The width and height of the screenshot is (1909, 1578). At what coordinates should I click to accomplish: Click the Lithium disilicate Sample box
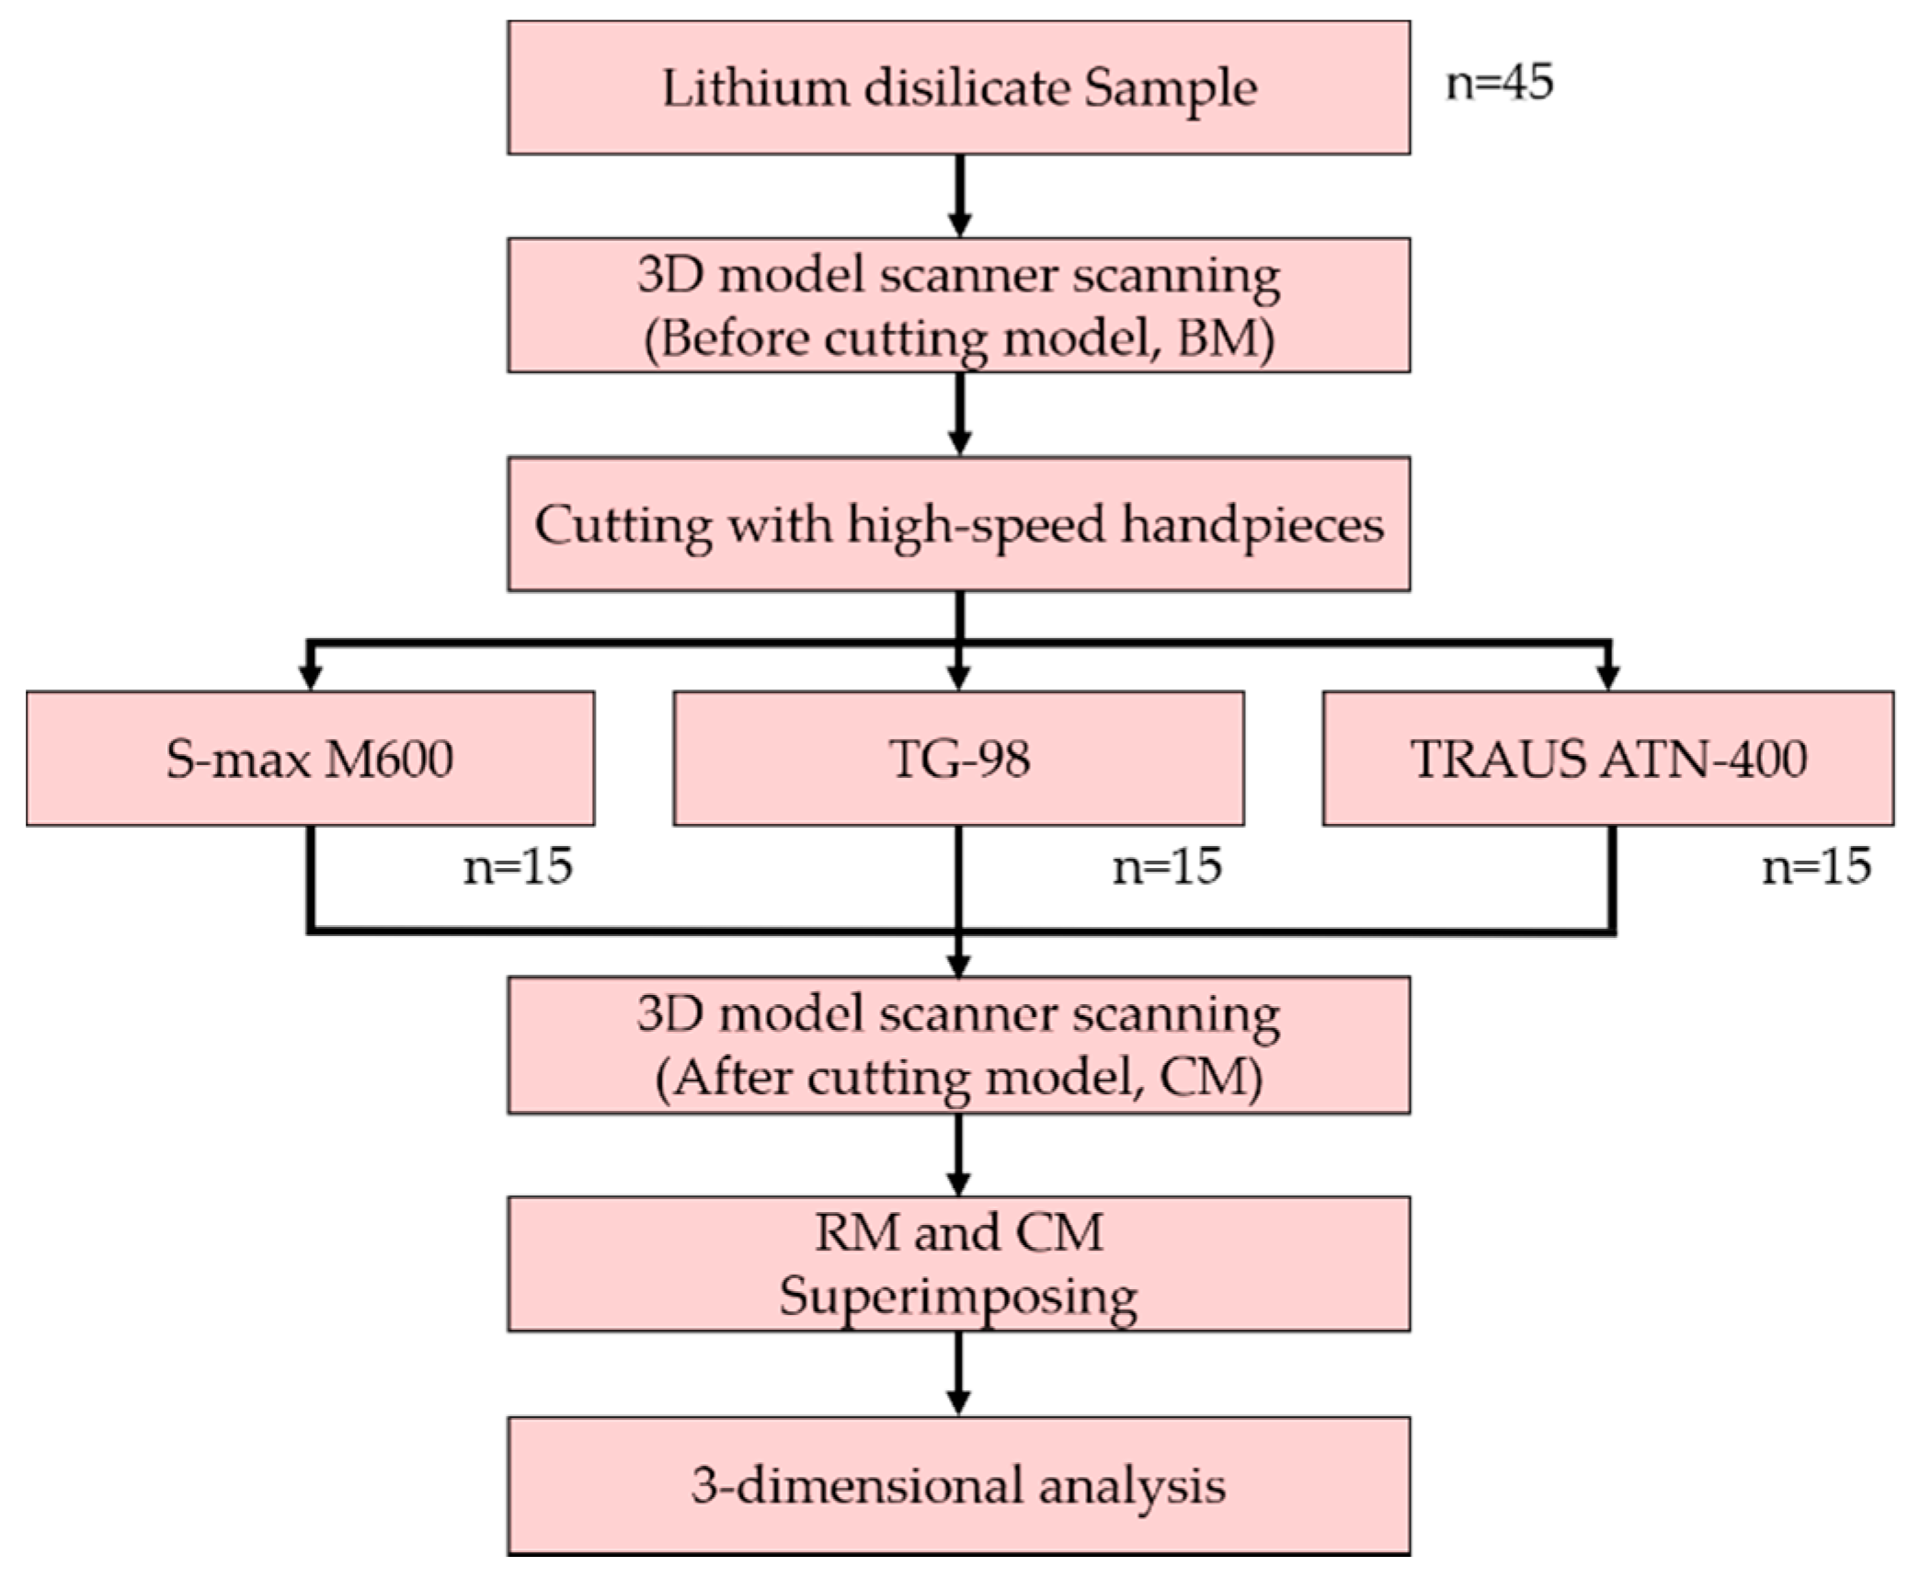click(958, 87)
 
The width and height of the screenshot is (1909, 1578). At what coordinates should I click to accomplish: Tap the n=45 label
click(1500, 82)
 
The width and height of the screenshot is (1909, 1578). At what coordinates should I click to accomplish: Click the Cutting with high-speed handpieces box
click(958, 523)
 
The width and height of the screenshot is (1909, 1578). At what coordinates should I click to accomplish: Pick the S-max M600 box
click(310, 759)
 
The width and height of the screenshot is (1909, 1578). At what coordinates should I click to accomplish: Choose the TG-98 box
click(958, 759)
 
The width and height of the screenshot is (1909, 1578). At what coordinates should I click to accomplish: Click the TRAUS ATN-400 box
click(1607, 759)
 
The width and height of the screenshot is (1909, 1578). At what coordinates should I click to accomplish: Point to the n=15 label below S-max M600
click(518, 866)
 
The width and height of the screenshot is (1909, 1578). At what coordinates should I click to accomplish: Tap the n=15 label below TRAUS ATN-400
click(1816, 866)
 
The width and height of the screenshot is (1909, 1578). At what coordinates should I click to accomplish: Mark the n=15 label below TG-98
click(1167, 866)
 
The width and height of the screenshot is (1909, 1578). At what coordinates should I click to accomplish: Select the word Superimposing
click(958, 1297)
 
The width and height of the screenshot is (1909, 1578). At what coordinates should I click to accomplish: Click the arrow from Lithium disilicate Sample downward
click(959, 195)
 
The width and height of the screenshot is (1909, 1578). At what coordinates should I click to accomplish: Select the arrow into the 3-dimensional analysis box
click(958, 1372)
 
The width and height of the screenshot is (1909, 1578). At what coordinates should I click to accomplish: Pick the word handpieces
click(1252, 526)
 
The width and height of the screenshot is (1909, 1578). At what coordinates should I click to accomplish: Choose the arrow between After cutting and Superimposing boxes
click(958, 1154)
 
